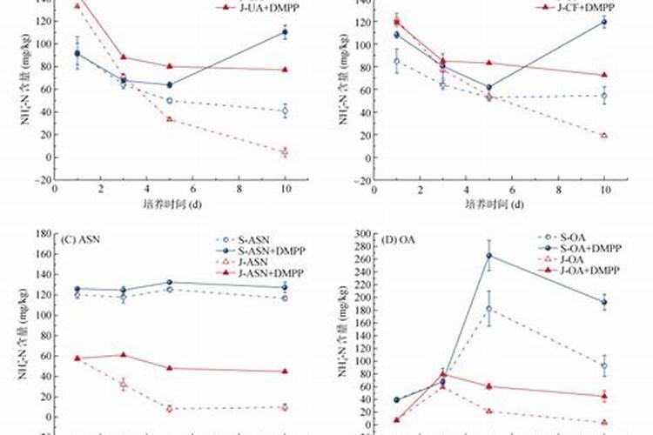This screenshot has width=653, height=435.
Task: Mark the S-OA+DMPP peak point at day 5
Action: [488, 256]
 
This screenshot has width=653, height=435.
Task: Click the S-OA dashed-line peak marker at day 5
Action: [488, 309]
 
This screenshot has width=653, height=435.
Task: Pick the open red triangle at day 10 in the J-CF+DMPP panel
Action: [604, 135]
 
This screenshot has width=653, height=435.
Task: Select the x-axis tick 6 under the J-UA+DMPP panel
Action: [193, 191]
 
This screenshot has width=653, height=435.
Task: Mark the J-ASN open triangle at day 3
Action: [123, 384]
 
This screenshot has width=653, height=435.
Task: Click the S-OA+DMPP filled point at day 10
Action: [603, 303]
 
